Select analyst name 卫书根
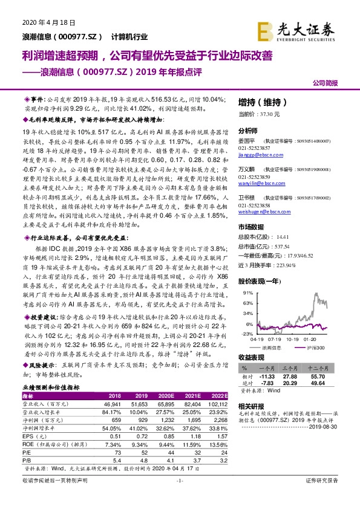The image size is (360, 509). click(246, 198)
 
